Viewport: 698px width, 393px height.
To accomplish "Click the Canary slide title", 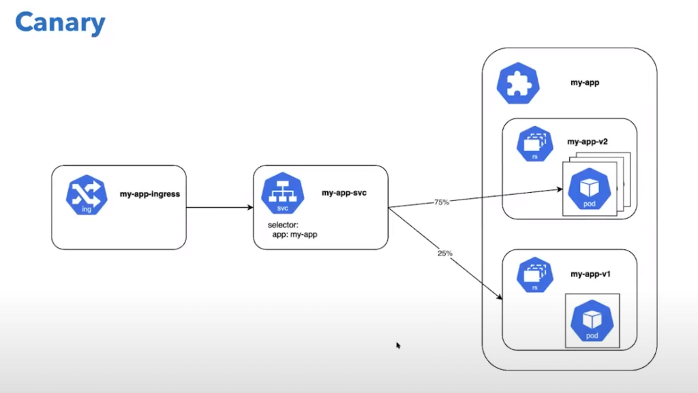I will pyautogui.click(x=60, y=22).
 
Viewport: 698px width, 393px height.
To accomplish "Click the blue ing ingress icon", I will pyautogui.click(x=87, y=195).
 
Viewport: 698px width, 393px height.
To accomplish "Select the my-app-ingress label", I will pyautogui.click(x=150, y=194).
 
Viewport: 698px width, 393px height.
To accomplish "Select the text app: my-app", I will pyautogui.click(x=295, y=235).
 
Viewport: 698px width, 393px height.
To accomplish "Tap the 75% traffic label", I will pyautogui.click(x=441, y=202).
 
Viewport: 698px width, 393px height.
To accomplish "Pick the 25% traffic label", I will pyautogui.click(x=444, y=253).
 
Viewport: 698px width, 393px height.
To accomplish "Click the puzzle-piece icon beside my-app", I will pyautogui.click(x=517, y=84).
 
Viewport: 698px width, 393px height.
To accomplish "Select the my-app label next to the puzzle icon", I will pyautogui.click(x=584, y=82).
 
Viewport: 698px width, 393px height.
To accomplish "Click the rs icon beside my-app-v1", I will pyautogui.click(x=535, y=275).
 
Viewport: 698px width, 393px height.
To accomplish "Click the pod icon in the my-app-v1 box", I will pyautogui.click(x=591, y=321).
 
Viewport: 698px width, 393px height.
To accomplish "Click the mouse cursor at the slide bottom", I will pyautogui.click(x=398, y=345).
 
